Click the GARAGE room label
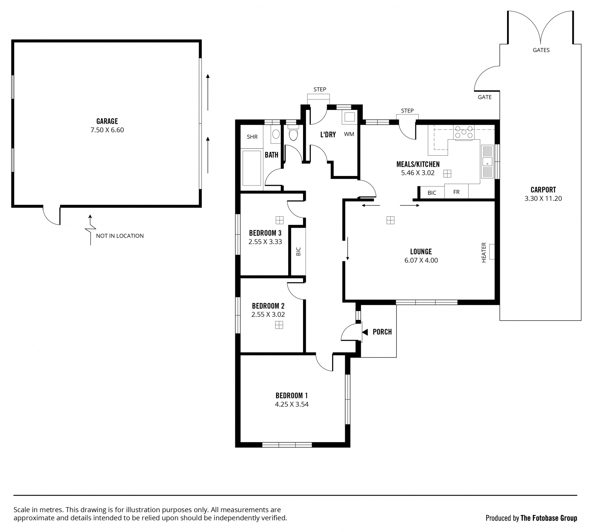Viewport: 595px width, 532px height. tap(107, 121)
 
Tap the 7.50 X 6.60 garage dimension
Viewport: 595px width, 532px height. tap(107, 130)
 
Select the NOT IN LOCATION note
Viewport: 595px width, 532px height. tap(120, 236)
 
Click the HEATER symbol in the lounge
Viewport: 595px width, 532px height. tap(492, 252)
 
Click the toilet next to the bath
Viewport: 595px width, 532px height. tap(293, 133)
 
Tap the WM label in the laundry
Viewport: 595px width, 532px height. tap(349, 134)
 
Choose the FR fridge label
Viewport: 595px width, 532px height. tap(456, 192)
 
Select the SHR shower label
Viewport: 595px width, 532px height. tap(252, 137)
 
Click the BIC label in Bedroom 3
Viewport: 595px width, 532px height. tap(298, 251)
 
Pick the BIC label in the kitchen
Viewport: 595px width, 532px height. tap(432, 193)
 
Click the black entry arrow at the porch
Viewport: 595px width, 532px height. tap(365, 332)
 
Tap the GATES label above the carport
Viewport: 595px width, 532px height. tap(541, 50)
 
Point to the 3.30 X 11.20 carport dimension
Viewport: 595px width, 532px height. tap(543, 199)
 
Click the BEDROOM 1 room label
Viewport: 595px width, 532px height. tap(292, 395)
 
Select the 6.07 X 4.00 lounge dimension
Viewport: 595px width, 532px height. tap(421, 260)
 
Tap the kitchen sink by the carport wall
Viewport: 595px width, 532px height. tap(487, 162)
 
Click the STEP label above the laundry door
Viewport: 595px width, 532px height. tap(320, 89)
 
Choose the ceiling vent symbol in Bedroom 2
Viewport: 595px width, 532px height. tap(279, 325)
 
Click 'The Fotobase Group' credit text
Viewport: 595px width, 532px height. tap(549, 518)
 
